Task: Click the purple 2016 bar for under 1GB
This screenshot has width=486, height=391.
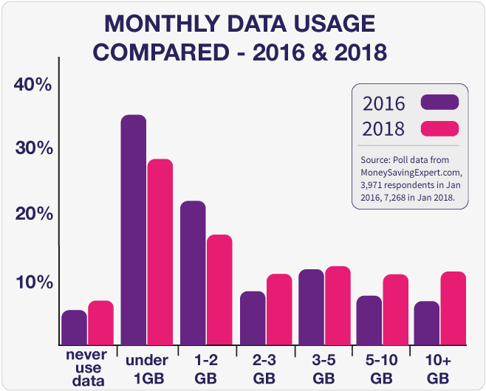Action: point(133,229)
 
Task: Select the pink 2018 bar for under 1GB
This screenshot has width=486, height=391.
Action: point(160,252)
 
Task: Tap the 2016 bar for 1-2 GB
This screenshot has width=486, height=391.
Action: point(192,272)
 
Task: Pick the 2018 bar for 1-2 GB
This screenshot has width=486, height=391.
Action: point(219,289)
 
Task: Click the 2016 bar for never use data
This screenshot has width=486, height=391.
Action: point(74,327)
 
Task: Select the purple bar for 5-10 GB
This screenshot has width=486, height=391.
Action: point(369,319)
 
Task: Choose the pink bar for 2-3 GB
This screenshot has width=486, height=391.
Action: point(278,308)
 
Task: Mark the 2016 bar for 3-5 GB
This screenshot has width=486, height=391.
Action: point(310,306)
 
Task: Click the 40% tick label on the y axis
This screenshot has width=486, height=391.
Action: point(32,85)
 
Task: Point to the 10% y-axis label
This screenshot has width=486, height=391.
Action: point(32,283)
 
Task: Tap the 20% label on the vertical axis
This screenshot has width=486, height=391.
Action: point(32,215)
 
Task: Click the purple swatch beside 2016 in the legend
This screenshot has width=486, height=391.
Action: point(439,102)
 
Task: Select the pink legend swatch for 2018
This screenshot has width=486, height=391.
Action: point(439,128)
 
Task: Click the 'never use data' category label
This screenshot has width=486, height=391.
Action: point(86,367)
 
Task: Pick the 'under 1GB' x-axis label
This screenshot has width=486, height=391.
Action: point(147,367)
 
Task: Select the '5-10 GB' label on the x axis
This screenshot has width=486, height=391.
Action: point(380,367)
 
